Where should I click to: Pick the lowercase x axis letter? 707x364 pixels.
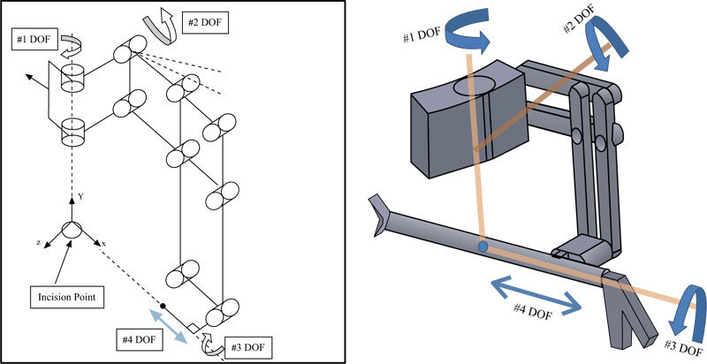click(x=104, y=242)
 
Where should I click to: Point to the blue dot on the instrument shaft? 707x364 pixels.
click(x=483, y=246)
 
